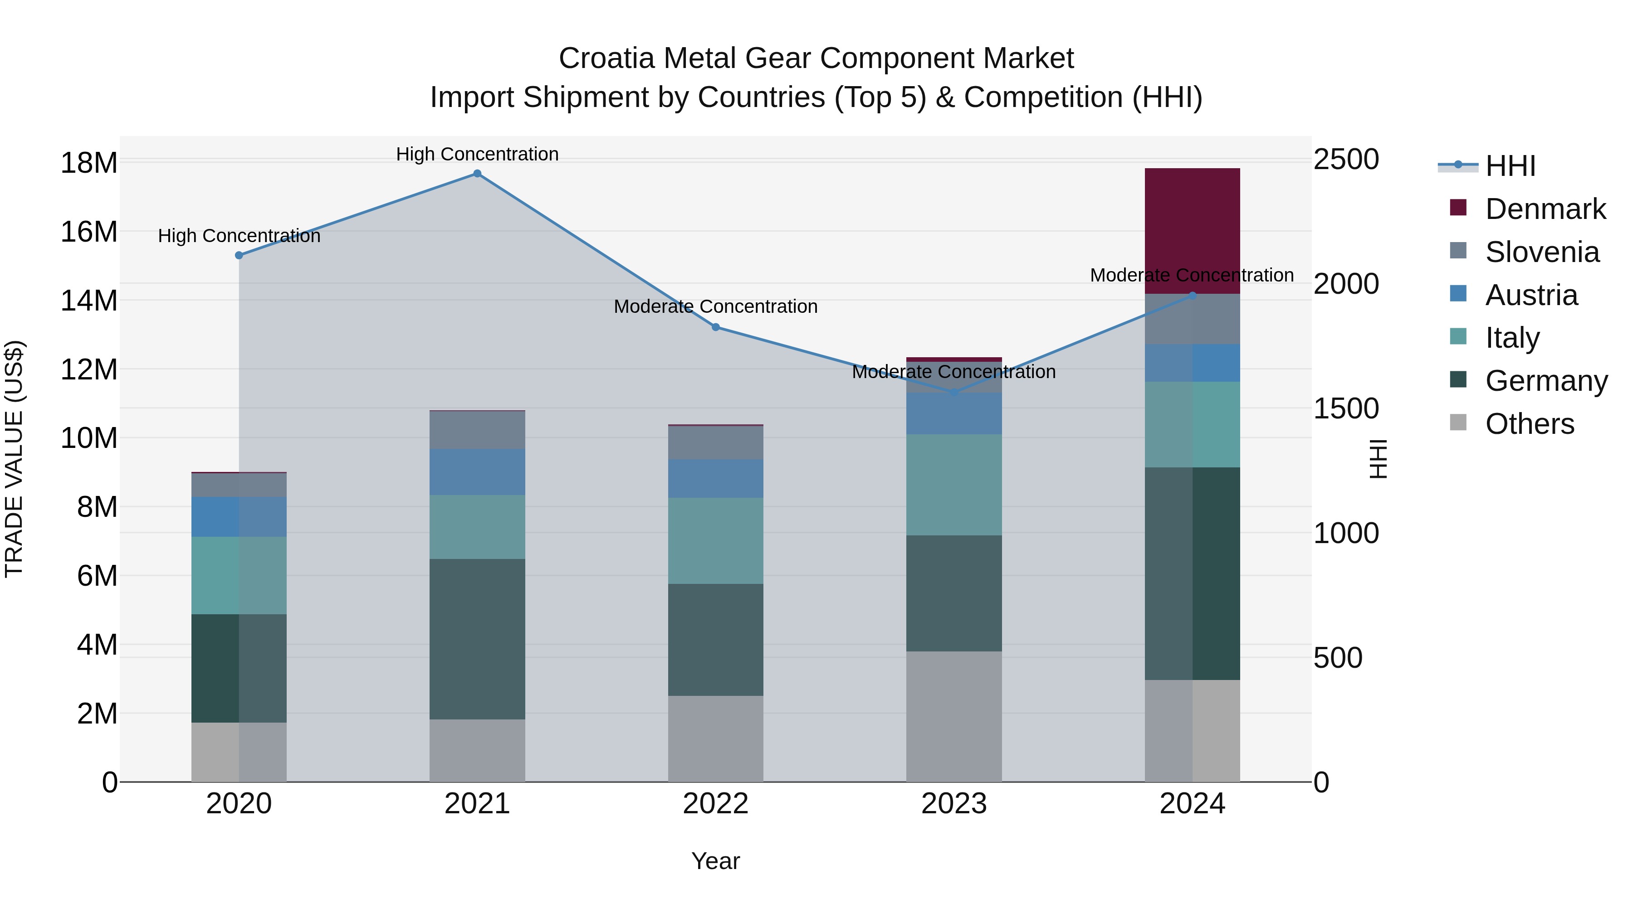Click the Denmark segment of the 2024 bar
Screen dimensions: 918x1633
[1192, 231]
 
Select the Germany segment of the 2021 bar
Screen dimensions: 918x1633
[477, 639]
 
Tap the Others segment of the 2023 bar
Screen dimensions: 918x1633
[953, 716]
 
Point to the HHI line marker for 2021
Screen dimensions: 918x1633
[477, 174]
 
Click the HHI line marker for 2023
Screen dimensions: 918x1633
[954, 392]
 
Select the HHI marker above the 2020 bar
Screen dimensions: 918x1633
[239, 255]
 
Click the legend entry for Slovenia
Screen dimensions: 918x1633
[1542, 252]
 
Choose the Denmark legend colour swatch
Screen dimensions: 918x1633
[1458, 208]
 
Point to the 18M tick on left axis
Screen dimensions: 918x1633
[89, 163]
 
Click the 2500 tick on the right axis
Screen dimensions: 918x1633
[1345, 159]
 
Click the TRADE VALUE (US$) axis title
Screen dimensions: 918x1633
[14, 459]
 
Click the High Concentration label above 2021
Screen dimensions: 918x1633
[477, 154]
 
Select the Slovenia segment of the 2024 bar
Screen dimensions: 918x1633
[1192, 319]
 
